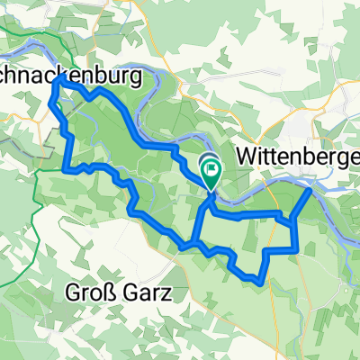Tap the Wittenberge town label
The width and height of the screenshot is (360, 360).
tap(298, 156)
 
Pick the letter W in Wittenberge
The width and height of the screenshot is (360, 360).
tap(245, 156)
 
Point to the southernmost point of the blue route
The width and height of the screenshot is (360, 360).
tap(261, 283)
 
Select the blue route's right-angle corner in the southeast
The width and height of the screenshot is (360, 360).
tap(296, 248)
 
